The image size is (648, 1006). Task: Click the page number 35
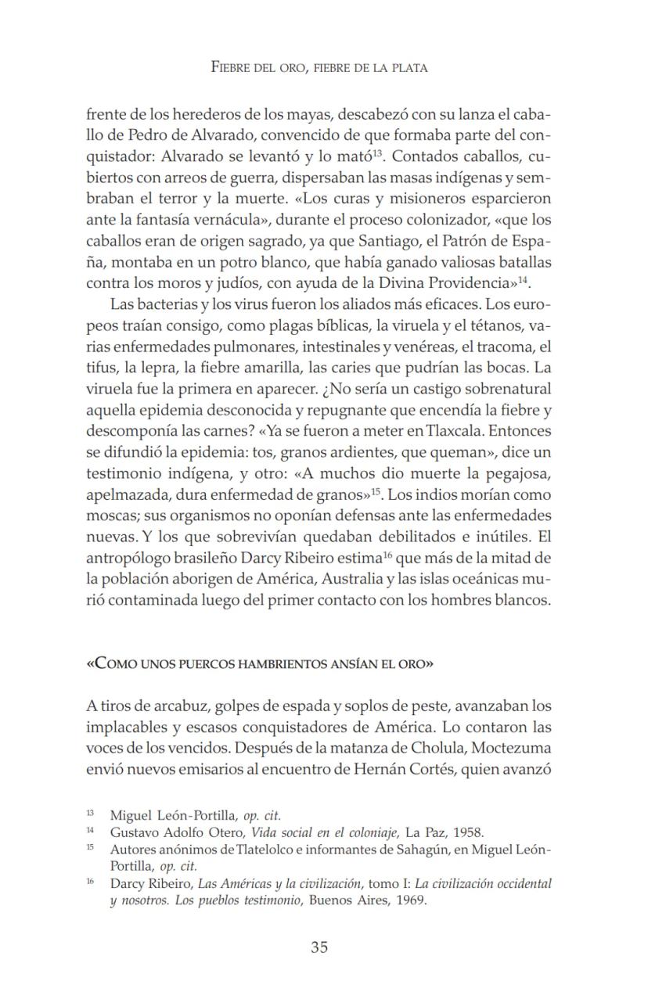[x=319, y=947]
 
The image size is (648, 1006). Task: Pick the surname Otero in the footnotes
[x=226, y=832]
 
